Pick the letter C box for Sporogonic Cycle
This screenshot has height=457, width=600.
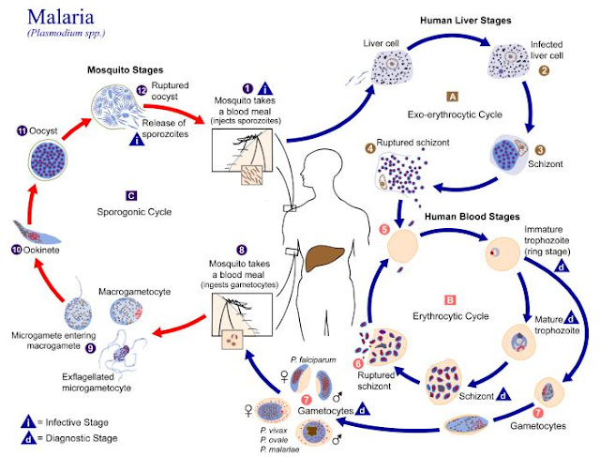(131, 195)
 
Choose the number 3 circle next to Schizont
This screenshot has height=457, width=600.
(542, 149)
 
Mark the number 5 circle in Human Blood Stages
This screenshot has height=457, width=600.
(383, 229)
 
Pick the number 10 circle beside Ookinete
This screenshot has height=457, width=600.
(16, 250)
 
